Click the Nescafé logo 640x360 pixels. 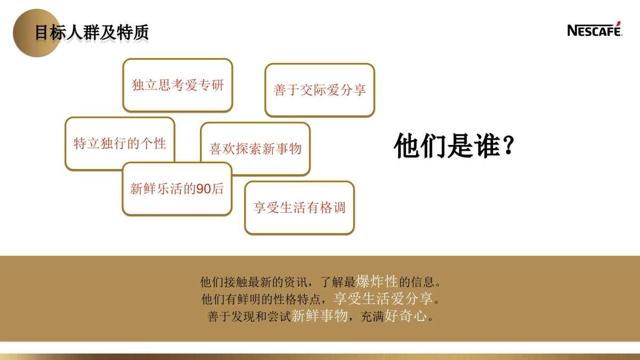[594, 30]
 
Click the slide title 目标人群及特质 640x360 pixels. [92, 33]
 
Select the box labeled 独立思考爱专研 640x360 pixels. [178, 85]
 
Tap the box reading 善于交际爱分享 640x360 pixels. [319, 90]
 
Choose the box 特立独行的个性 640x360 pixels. [119, 143]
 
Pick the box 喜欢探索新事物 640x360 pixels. [255, 148]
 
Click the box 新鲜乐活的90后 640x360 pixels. [177, 189]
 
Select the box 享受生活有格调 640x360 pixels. [299, 207]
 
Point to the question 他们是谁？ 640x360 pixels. [454, 146]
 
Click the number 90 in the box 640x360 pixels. [204, 189]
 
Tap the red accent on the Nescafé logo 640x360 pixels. [618, 23]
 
